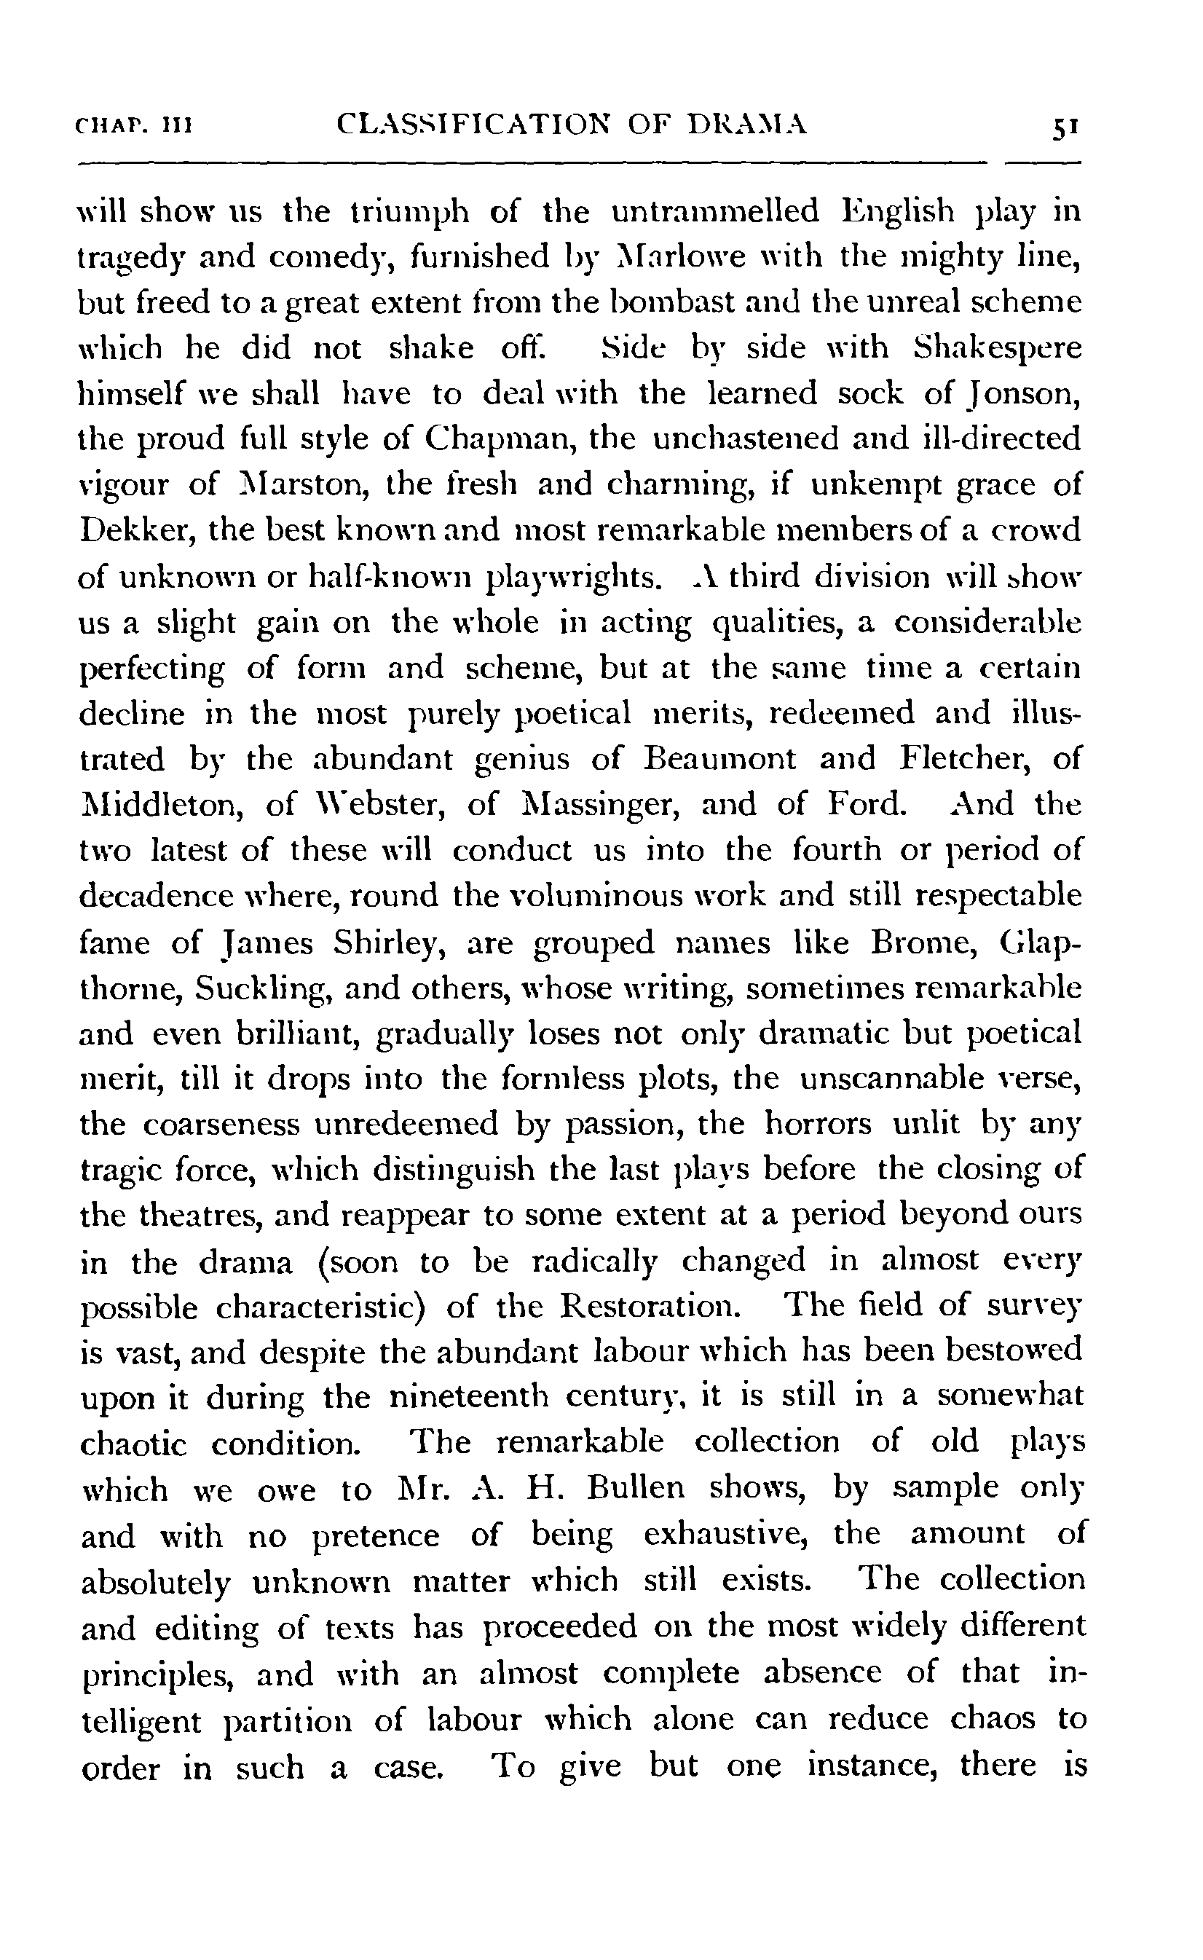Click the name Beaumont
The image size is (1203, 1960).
coord(719,758)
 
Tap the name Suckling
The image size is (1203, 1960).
coord(258,988)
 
